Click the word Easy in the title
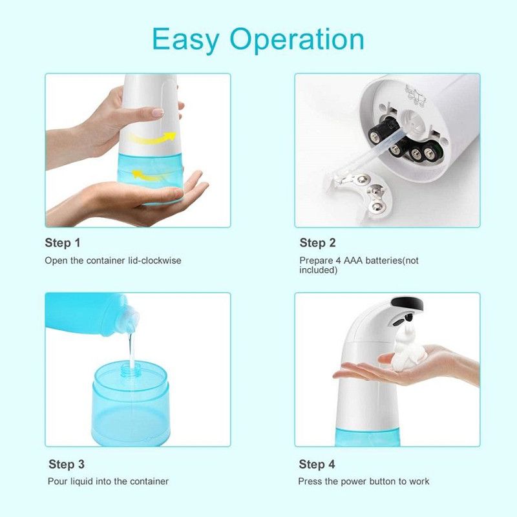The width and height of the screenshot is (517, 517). coord(185,40)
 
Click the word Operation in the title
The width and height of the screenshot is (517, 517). coord(297,39)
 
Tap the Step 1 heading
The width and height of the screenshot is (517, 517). coord(63,243)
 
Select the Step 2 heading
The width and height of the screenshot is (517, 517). coord(317,243)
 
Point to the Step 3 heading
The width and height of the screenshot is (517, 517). coord(67,464)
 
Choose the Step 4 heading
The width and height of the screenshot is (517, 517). coord(317,464)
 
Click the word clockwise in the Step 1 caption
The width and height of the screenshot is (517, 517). coord(161,260)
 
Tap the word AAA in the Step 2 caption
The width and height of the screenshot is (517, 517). coord(353,260)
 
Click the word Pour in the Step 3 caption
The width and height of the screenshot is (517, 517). coord(57,481)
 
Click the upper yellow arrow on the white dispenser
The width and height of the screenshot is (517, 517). coord(153,138)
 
